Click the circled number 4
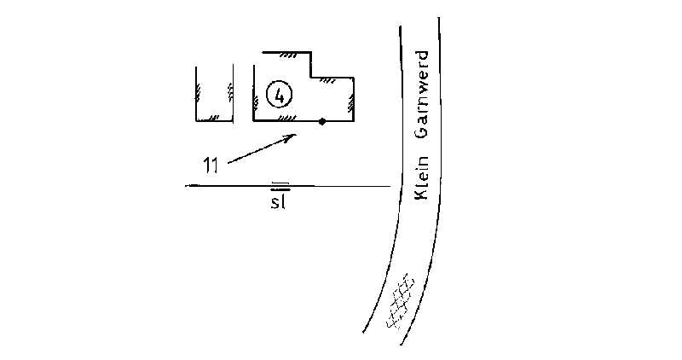click(280, 95)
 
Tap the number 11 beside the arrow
click(211, 165)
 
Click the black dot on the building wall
click(322, 121)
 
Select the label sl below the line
click(279, 202)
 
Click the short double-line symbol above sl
click(280, 186)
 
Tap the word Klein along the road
click(421, 177)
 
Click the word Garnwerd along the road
click(421, 96)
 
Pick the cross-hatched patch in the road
click(400, 301)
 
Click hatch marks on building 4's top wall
click(288, 55)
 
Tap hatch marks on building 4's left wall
click(256, 102)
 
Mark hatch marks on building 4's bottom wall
click(287, 118)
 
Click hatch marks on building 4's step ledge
click(327, 80)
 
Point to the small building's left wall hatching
click(199, 92)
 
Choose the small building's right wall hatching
click(230, 92)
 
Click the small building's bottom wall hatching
click(214, 118)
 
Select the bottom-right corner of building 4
click(354, 120)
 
